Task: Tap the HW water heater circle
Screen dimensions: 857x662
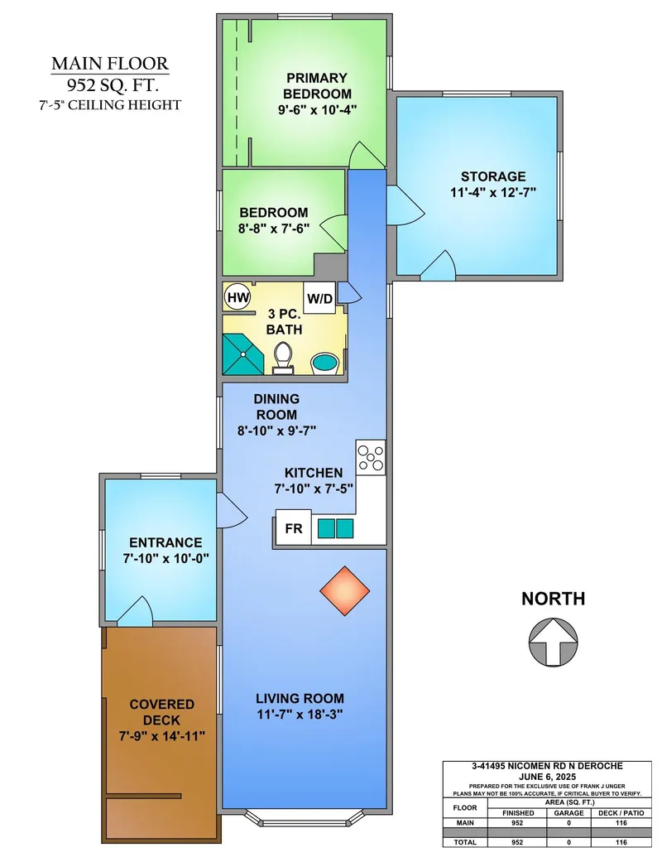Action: [237, 297]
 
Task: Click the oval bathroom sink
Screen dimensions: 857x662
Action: [324, 364]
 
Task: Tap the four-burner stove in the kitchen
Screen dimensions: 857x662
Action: [370, 458]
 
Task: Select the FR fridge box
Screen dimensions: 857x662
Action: [293, 527]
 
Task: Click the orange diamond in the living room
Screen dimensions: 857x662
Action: [345, 590]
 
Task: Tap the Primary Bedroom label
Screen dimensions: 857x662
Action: [318, 85]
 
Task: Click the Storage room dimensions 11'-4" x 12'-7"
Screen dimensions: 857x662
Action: [492, 192]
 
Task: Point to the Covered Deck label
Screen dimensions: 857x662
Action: [161, 712]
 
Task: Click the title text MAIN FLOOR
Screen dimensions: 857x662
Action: [110, 64]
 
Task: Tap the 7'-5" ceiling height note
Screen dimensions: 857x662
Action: [110, 105]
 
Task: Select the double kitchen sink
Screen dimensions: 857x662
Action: [335, 527]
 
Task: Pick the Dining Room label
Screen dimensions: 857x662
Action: [276, 407]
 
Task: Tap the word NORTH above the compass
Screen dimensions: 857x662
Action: [553, 599]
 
